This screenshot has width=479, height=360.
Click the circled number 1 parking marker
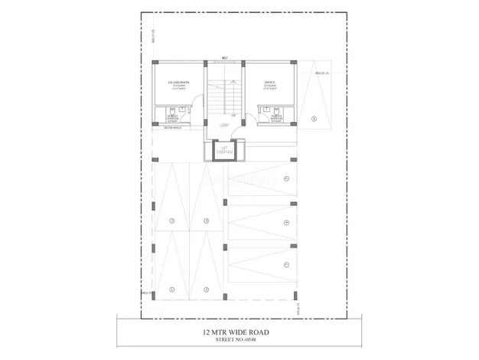pos(173,289)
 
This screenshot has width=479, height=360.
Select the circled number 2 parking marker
pos(173,221)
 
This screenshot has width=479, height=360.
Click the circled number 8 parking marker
pos(314,119)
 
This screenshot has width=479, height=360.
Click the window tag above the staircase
pos(225,57)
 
